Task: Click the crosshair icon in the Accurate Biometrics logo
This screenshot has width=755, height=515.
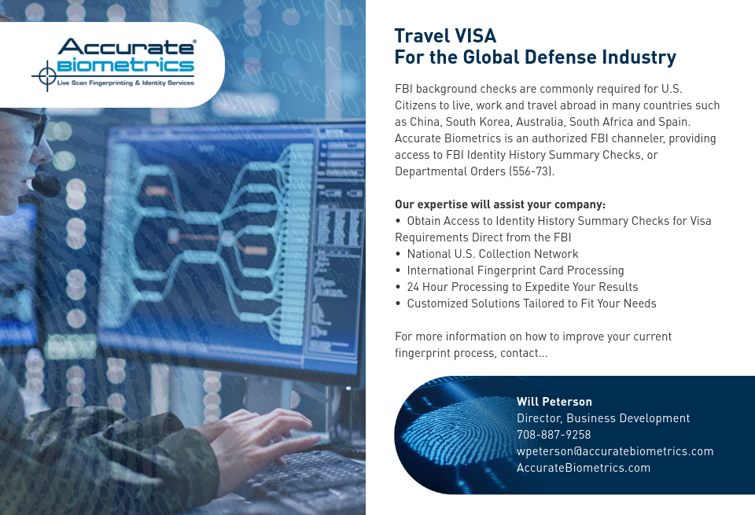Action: click(45, 76)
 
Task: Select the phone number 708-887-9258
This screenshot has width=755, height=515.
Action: click(554, 434)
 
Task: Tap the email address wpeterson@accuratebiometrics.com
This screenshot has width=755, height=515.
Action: click(614, 451)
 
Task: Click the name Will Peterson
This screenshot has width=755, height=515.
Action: click(554, 401)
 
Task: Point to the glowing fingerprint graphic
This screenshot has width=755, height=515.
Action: click(448, 435)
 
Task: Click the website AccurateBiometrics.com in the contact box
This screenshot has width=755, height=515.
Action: click(583, 467)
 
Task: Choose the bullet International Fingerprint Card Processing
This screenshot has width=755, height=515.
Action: click(515, 270)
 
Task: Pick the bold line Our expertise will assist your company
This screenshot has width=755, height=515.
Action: click(499, 204)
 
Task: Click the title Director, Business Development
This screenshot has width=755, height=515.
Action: click(602, 418)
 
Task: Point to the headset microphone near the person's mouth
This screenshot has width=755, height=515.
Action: click(46, 186)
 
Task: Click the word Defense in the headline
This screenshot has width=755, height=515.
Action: click(563, 57)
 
